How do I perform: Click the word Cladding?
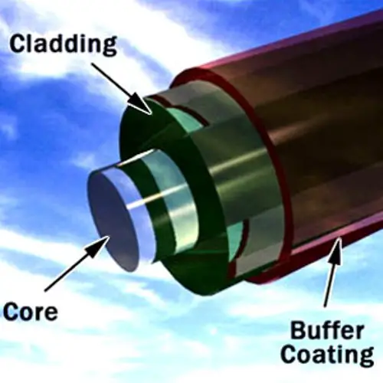pos(64,45)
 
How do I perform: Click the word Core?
pos(31,311)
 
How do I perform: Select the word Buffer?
pos(327,331)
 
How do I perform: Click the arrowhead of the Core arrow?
pos(98,247)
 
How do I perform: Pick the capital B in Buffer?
pos(298,331)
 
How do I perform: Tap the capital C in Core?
pos(11,311)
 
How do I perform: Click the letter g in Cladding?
pos(109,47)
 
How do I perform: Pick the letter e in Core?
pos(51,313)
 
